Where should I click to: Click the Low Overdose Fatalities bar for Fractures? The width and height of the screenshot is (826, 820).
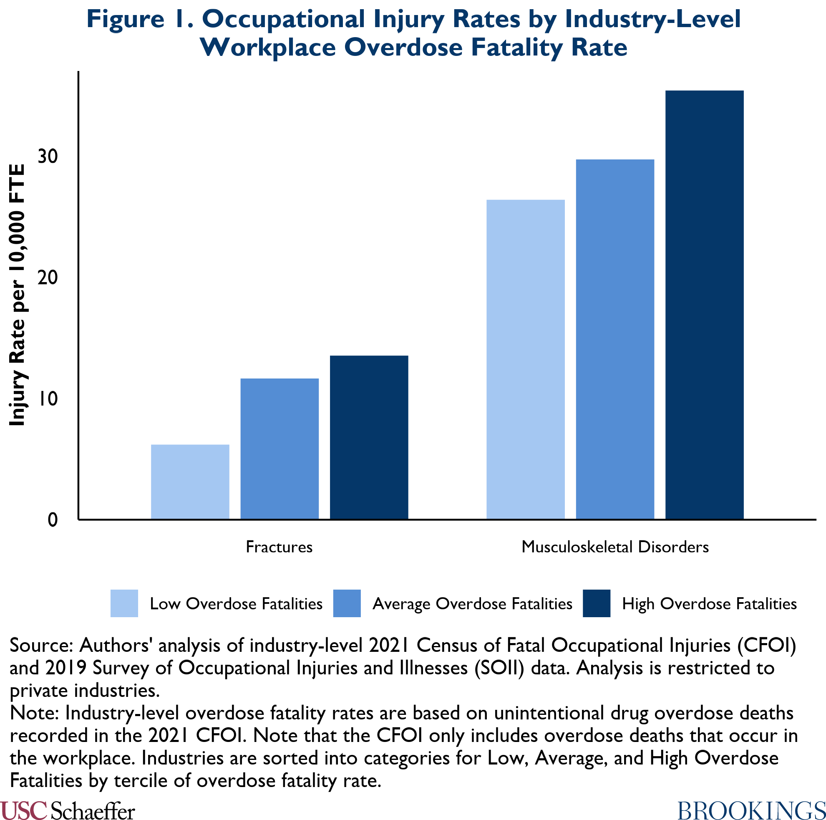click(x=190, y=482)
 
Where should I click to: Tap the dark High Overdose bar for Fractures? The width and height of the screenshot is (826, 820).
click(x=369, y=437)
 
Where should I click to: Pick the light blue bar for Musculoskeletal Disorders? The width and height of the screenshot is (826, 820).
click(x=526, y=359)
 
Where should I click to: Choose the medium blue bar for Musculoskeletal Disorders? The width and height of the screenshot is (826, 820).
click(x=615, y=339)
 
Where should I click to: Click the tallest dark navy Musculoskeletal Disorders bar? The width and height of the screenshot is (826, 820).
click(x=705, y=305)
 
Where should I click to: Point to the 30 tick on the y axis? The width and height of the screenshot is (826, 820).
click(x=48, y=157)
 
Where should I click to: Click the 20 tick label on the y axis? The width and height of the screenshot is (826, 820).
click(x=48, y=278)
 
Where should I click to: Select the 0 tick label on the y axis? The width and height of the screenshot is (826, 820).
click(x=52, y=520)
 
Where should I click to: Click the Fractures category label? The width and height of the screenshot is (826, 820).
click(x=279, y=547)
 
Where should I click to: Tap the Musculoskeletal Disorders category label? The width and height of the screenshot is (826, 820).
click(x=615, y=547)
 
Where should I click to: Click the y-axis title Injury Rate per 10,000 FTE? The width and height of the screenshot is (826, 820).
click(x=17, y=295)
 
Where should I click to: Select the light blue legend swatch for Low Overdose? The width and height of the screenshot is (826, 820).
click(x=124, y=603)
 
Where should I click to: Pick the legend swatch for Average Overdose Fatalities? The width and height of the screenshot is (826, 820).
click(x=347, y=603)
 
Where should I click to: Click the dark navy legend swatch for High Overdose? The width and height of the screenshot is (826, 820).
click(x=597, y=603)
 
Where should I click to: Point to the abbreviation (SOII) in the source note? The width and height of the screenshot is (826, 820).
click(x=499, y=668)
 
